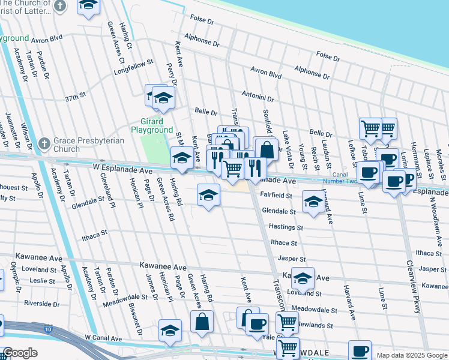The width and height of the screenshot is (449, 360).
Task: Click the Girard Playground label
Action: [152, 125]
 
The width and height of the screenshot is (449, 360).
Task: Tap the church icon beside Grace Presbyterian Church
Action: [44, 144]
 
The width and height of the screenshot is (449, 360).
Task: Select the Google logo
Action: [20, 353]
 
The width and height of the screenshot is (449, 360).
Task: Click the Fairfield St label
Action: [276, 195]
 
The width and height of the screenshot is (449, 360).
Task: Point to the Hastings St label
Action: [286, 227]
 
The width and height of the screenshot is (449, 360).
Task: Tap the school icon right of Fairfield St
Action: [313, 202]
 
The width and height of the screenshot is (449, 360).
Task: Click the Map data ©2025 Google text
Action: [411, 355]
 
